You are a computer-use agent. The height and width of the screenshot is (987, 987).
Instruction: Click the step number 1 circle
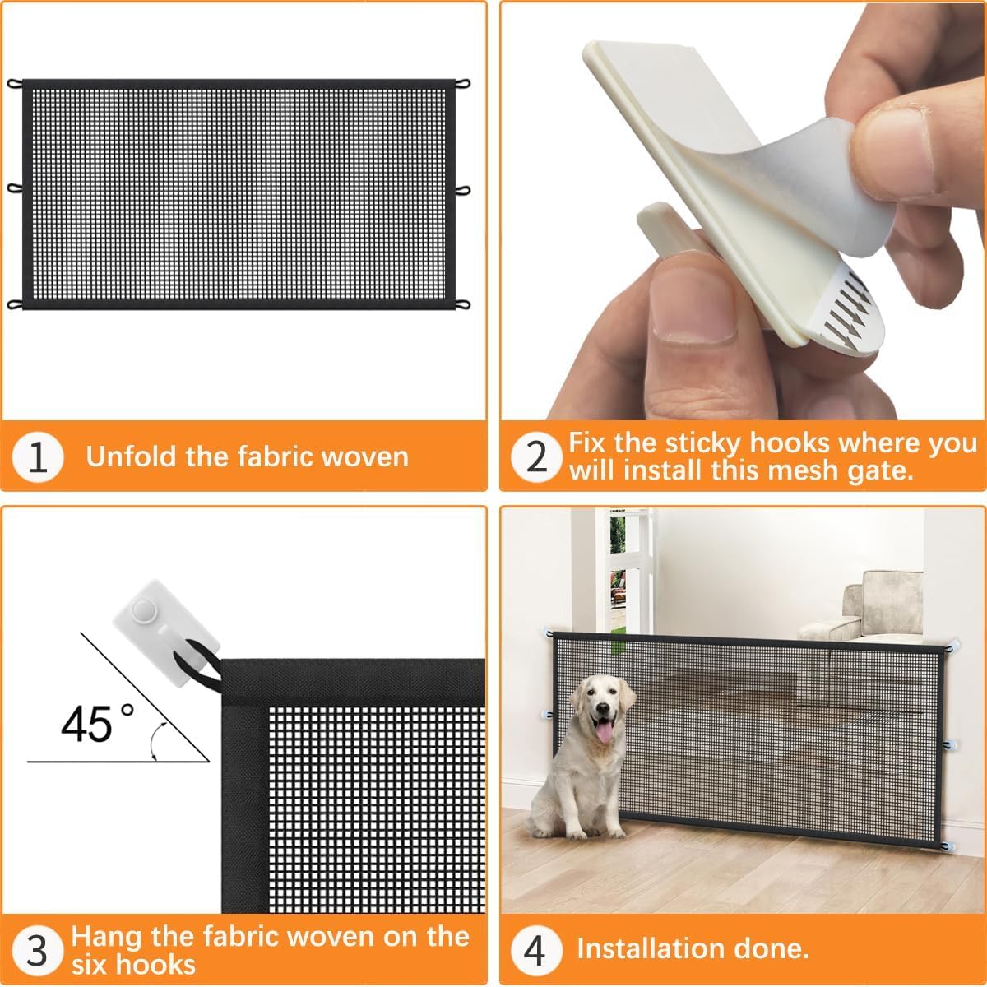tap(38, 457)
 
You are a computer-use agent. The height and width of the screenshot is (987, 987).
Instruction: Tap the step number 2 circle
tap(536, 457)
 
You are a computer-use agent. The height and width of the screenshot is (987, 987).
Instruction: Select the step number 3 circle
tap(38, 950)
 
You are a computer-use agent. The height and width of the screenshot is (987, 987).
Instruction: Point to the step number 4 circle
tap(535, 950)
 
